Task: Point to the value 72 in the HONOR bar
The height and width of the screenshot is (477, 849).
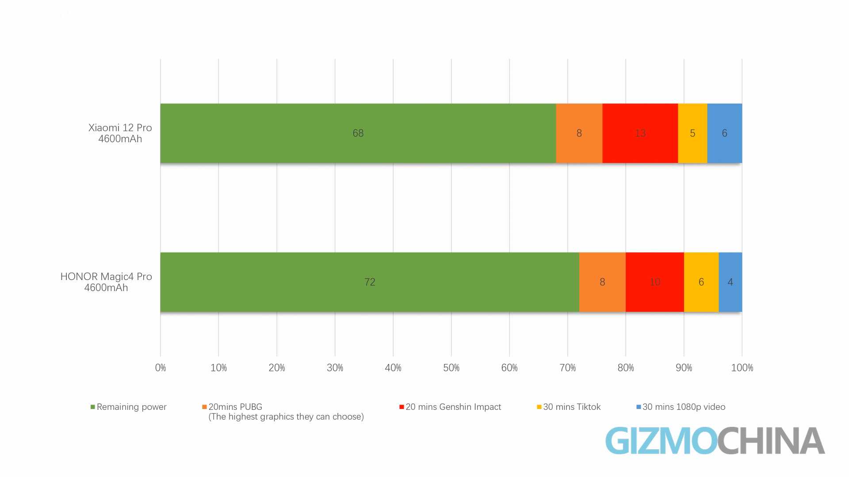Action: (370, 282)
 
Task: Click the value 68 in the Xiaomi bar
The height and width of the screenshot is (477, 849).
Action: (358, 133)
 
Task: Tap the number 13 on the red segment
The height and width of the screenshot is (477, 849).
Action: (640, 133)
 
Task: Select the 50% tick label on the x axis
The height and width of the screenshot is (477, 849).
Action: (451, 368)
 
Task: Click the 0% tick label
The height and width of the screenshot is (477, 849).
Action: (161, 368)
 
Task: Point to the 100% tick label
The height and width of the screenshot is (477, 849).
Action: (742, 368)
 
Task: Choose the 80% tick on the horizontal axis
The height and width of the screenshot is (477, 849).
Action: (626, 368)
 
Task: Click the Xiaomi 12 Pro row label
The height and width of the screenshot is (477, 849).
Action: (120, 133)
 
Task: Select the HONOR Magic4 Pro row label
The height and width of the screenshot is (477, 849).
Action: (106, 282)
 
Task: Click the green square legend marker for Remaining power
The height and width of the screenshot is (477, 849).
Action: (93, 407)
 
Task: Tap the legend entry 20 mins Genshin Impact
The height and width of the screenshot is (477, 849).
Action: (453, 407)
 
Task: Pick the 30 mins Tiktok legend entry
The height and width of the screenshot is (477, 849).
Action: (571, 407)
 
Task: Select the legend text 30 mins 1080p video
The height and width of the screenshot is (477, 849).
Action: (684, 407)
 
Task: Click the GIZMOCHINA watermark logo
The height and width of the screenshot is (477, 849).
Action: (715, 440)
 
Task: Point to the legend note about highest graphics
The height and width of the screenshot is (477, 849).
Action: (286, 417)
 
